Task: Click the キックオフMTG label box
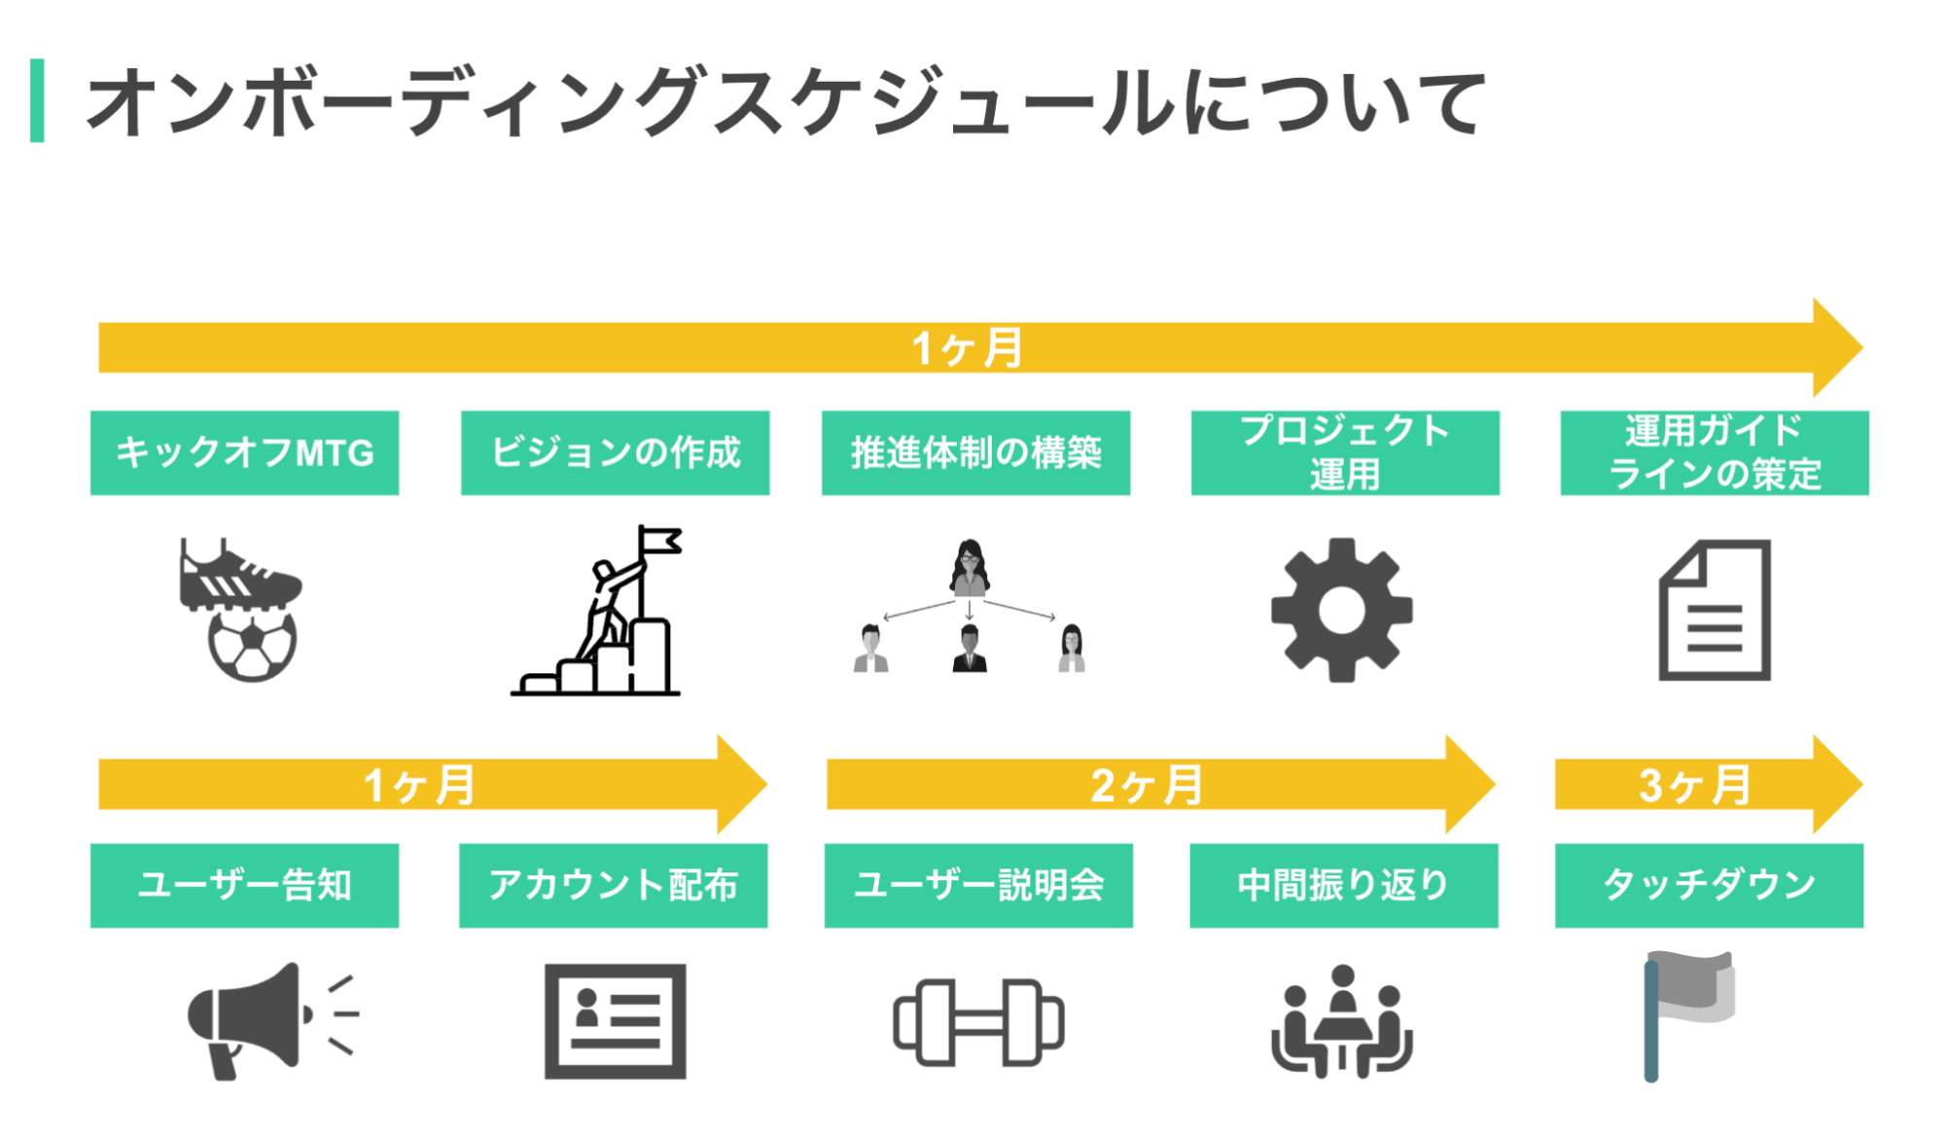244,453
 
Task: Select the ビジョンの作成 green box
615,453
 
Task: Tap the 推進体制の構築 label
975,453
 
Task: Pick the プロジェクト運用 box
1345,453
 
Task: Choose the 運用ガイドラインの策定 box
1714,453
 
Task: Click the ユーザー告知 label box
244,885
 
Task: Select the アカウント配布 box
613,885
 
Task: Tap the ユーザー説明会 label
978,885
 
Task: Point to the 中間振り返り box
1344,885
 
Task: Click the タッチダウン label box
1709,885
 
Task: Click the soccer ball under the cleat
252,644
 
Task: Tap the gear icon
1342,610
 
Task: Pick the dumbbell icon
978,1022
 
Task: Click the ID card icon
615,1021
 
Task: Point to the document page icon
1714,610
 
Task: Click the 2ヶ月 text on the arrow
1146,785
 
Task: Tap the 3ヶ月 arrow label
1694,785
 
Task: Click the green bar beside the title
37,100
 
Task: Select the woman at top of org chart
969,567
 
